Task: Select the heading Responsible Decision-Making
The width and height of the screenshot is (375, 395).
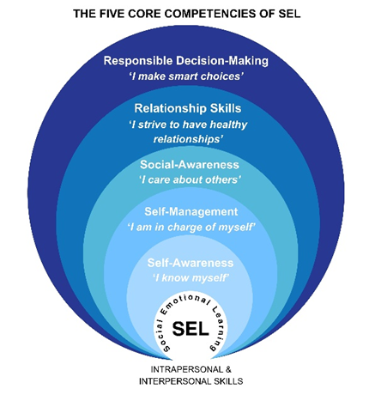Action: [186, 61]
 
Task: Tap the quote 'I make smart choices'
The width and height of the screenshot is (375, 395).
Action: [186, 76]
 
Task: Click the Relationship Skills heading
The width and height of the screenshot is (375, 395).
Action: [188, 108]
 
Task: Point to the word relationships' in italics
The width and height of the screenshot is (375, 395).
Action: [188, 139]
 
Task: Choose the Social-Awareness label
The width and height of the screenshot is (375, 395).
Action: [190, 165]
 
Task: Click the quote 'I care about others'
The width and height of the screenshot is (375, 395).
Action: [190, 179]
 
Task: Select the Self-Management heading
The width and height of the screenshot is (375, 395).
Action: [191, 212]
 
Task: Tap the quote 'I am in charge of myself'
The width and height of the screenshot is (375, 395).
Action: [191, 228]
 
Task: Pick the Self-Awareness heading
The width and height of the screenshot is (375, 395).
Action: [191, 263]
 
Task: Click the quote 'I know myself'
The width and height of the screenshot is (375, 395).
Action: [191, 277]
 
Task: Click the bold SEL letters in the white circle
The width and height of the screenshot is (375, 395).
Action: [191, 329]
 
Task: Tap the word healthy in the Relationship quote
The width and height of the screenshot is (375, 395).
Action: [228, 125]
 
